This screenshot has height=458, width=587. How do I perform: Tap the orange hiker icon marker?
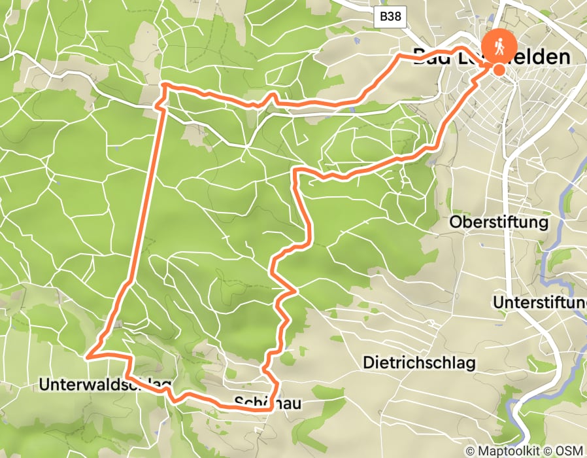click(x=499, y=45)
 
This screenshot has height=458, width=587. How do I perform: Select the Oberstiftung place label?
click(x=499, y=222)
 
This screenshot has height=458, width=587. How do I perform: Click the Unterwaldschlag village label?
click(x=105, y=385)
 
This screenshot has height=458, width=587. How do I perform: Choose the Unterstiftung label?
click(x=539, y=303)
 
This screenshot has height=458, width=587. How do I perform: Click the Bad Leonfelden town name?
click(x=490, y=58)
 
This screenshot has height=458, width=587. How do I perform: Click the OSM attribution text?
click(x=570, y=451)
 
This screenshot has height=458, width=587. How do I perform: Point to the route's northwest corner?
click(x=163, y=85)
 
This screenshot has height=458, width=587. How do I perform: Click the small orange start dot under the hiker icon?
click(x=499, y=70)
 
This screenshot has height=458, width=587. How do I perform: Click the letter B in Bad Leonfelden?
click(x=420, y=58)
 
